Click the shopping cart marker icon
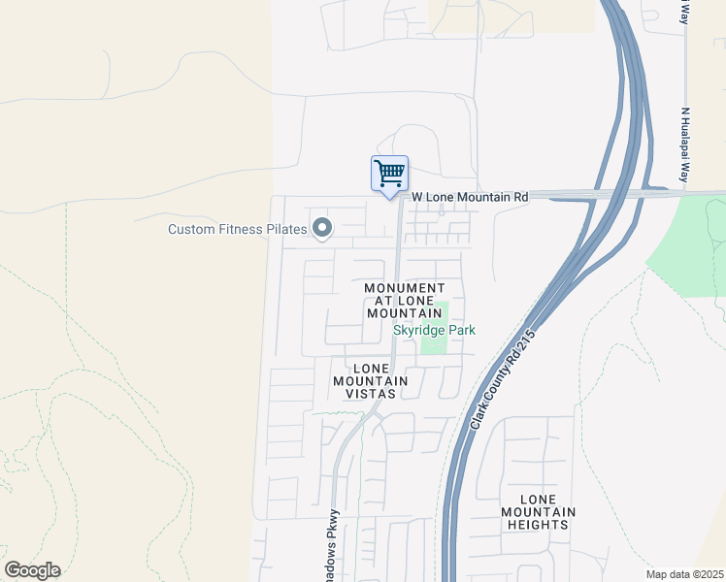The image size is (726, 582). pyautogui.click(x=389, y=175)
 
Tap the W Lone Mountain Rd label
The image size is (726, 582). pyautogui.click(x=470, y=197)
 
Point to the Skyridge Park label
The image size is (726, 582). pyautogui.click(x=434, y=331)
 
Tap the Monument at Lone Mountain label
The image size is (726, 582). pyautogui.click(x=405, y=302)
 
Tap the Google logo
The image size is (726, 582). pyautogui.click(x=32, y=570)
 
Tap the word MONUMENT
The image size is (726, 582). pyautogui.click(x=405, y=288)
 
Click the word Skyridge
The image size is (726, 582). pyautogui.click(x=417, y=331)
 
